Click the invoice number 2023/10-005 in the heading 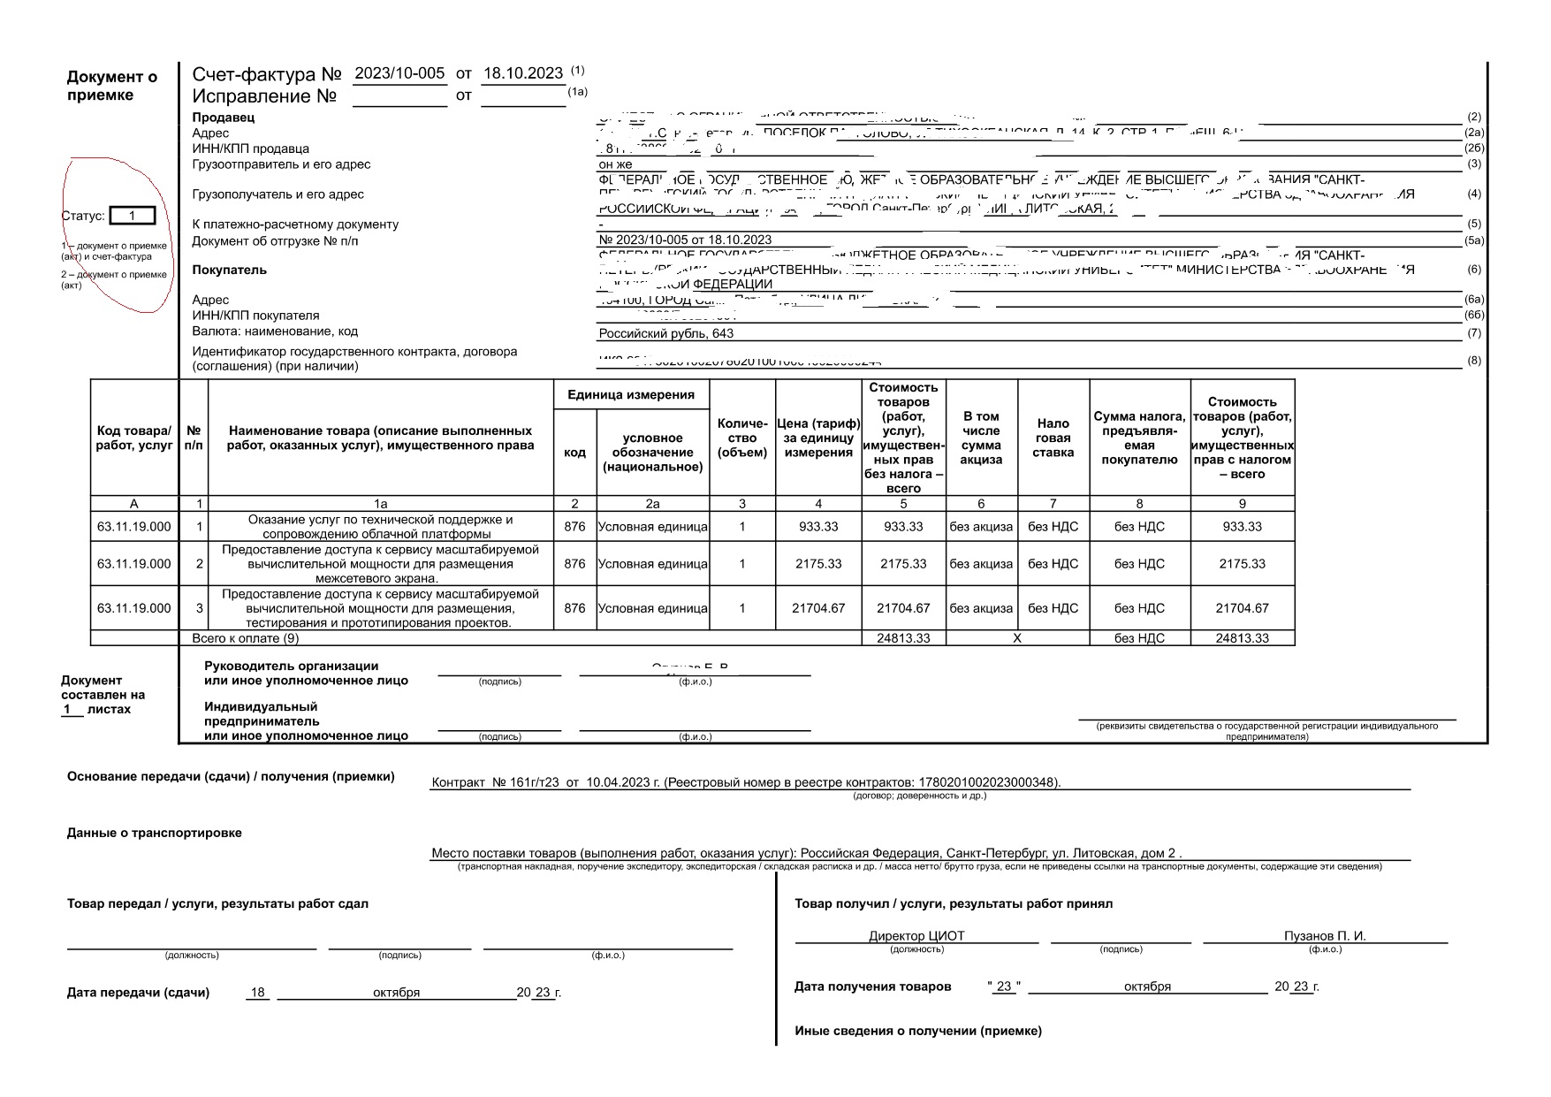(x=399, y=73)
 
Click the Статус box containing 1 (x=132, y=216)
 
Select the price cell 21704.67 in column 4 (x=818, y=608)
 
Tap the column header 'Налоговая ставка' (x=1053, y=438)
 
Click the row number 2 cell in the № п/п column (x=200, y=564)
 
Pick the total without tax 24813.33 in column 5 (x=903, y=638)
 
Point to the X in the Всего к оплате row (x=1016, y=638)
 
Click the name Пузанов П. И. (x=1325, y=936)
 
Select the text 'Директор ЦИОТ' (x=916, y=936)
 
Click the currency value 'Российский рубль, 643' (x=666, y=333)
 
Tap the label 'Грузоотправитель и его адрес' (x=281, y=164)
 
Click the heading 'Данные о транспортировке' (x=155, y=833)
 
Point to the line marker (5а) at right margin (x=1473, y=240)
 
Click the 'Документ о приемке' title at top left (x=112, y=86)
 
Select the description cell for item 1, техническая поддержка (x=380, y=527)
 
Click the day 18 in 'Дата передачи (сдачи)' (x=258, y=993)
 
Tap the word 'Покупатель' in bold (x=229, y=270)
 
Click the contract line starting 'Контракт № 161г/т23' (x=745, y=782)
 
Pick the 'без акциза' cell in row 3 (x=981, y=608)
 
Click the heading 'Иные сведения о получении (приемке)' (x=918, y=1031)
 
